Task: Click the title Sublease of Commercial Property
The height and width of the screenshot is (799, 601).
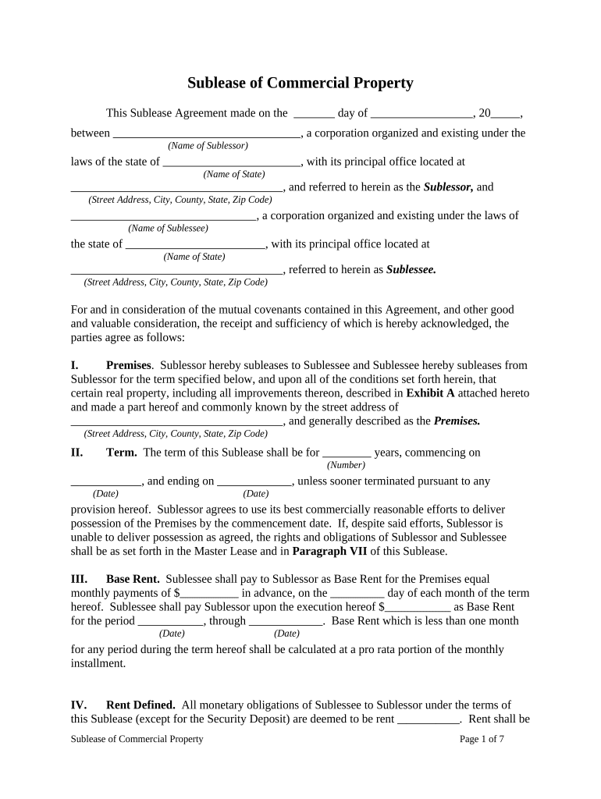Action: pyautogui.click(x=300, y=83)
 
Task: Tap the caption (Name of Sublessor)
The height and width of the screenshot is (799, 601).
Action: pyautogui.click(x=208, y=146)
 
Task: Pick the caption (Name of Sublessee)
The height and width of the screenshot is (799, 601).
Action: pyautogui.click(x=168, y=229)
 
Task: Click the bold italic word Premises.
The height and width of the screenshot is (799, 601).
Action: pyautogui.click(x=457, y=421)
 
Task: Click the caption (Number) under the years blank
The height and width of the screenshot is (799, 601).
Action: pyautogui.click(x=346, y=465)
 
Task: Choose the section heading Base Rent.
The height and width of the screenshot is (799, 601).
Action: pyautogui.click(x=133, y=579)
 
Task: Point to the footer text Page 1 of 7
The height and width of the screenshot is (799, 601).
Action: pyautogui.click(x=482, y=739)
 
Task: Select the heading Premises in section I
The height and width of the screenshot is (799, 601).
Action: pyautogui.click(x=128, y=365)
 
